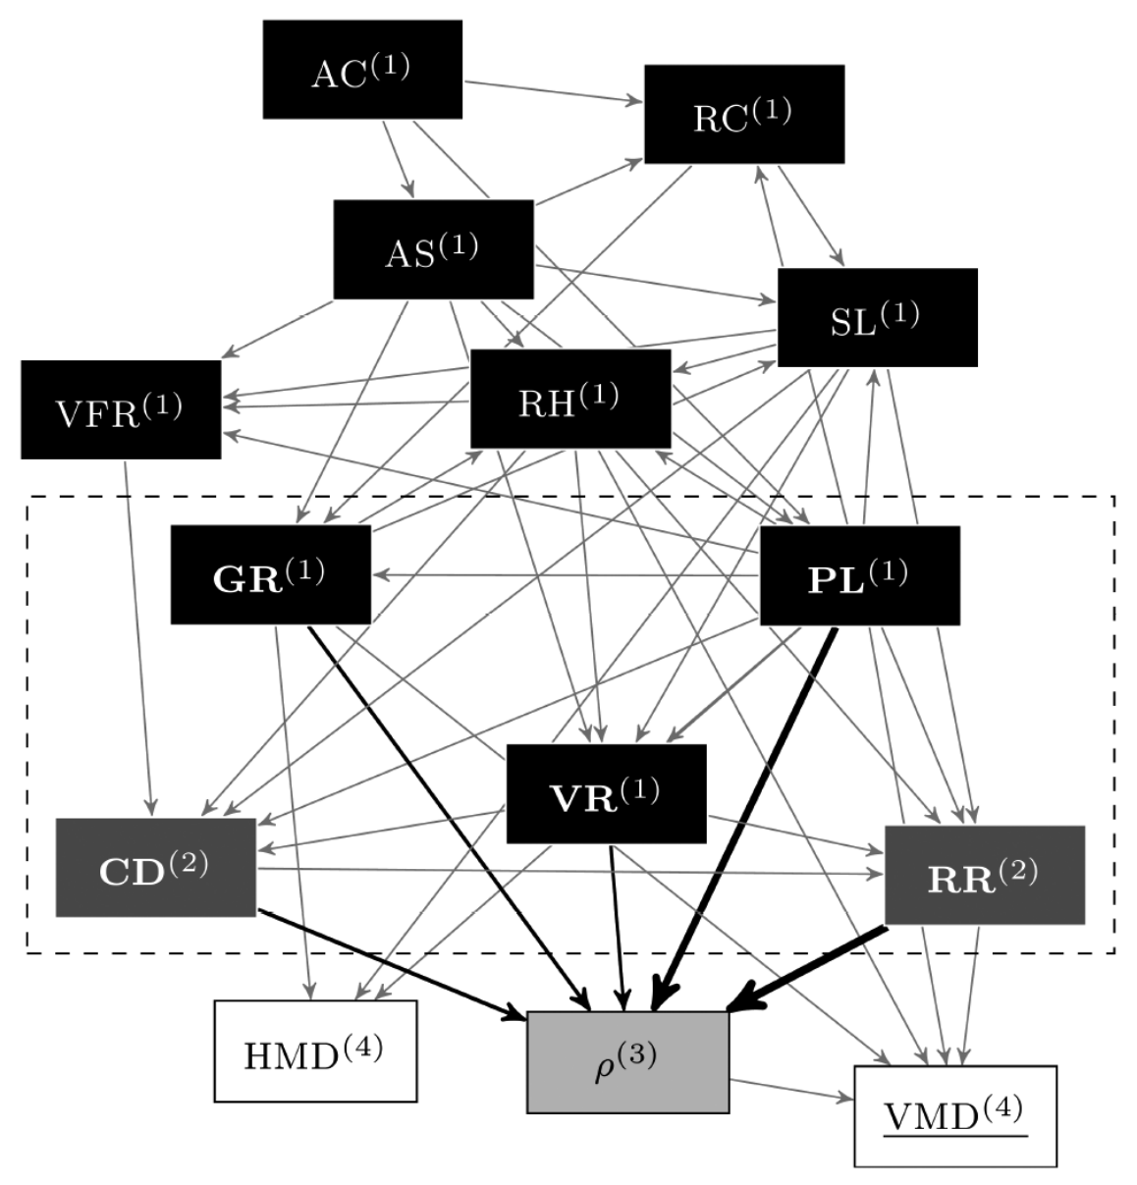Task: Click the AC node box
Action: point(362,70)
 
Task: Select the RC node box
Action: point(744,114)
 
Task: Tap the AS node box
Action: point(433,249)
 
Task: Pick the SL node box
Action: point(877,317)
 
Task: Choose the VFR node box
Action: point(121,409)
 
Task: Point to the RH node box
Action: point(570,399)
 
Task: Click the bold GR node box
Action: point(271,575)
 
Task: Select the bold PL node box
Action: point(860,575)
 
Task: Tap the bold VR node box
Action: point(606,793)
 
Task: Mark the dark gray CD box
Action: point(155,867)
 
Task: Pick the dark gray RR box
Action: point(985,875)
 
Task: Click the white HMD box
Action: point(315,1050)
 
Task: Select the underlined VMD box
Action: point(955,1116)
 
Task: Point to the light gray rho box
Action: point(627,1062)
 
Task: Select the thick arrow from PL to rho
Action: point(746,815)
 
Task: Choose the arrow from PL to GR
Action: point(565,574)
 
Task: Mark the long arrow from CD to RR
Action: point(569,870)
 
